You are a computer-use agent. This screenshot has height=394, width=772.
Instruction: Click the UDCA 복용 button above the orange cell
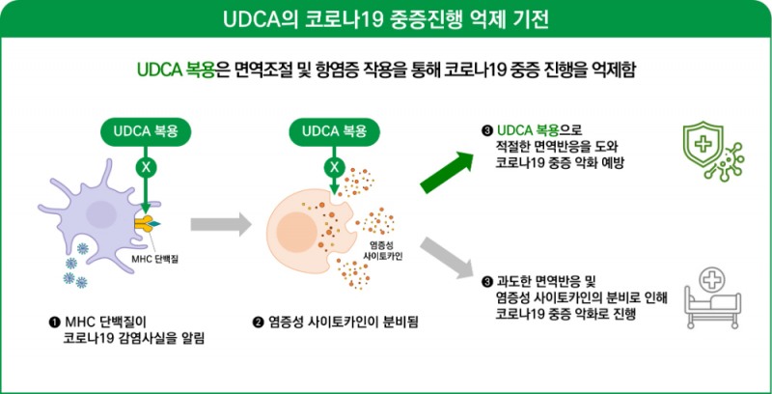[x=334, y=130]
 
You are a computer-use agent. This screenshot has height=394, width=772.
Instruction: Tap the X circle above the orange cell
[x=334, y=165]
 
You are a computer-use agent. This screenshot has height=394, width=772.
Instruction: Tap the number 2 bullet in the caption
[x=258, y=321]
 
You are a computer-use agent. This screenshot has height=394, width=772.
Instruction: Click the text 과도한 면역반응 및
[x=554, y=281]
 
